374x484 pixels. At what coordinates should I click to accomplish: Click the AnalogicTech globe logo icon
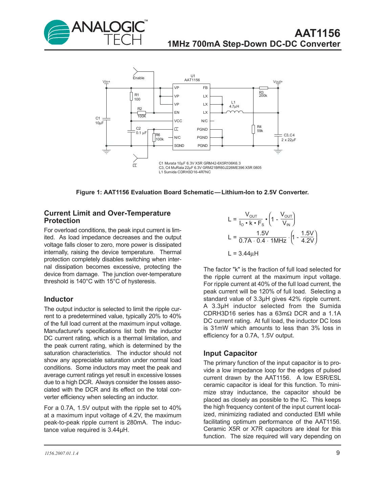coord(57,32)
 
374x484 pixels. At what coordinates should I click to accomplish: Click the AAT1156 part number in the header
coord(317,33)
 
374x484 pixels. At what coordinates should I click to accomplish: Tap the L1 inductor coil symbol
coord(234,112)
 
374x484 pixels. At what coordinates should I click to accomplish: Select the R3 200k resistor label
coord(263,94)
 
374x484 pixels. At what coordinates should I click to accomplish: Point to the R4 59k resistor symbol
coord(253,129)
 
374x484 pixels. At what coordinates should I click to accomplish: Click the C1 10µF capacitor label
coord(99,120)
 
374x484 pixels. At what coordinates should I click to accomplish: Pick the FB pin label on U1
coord(205,88)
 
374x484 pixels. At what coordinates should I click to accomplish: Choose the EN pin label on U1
coord(177,112)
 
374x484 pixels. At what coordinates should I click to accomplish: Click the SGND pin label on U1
coord(179,146)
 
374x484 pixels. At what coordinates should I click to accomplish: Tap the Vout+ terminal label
coord(278,82)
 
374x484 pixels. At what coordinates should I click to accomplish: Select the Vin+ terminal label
coord(106,82)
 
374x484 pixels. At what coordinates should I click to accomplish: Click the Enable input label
coord(138,78)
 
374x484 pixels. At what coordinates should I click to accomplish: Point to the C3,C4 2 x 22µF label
coord(289,137)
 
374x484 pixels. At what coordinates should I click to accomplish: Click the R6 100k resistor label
coord(159,137)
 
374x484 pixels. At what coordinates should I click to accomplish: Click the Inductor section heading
coord(59,299)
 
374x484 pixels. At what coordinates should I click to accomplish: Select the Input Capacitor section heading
coord(230,353)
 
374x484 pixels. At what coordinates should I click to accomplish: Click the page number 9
coord(338,453)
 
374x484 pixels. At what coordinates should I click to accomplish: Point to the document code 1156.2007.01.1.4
coord(61,453)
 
